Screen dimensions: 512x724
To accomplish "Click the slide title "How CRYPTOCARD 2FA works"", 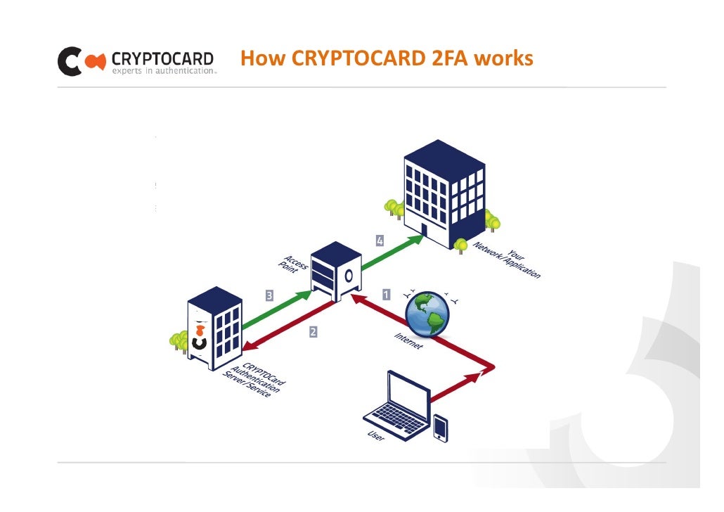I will click(387, 58).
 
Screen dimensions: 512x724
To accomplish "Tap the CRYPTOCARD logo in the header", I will click(136, 61).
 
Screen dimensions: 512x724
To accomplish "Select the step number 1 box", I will click(386, 294).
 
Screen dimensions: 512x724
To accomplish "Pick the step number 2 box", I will click(313, 332).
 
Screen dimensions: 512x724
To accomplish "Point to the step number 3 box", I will click(269, 295).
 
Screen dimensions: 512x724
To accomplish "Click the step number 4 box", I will click(380, 241).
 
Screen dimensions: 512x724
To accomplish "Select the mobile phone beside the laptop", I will click(441, 427).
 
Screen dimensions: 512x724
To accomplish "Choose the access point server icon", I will click(335, 271).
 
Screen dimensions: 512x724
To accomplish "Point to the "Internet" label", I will click(408, 341).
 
